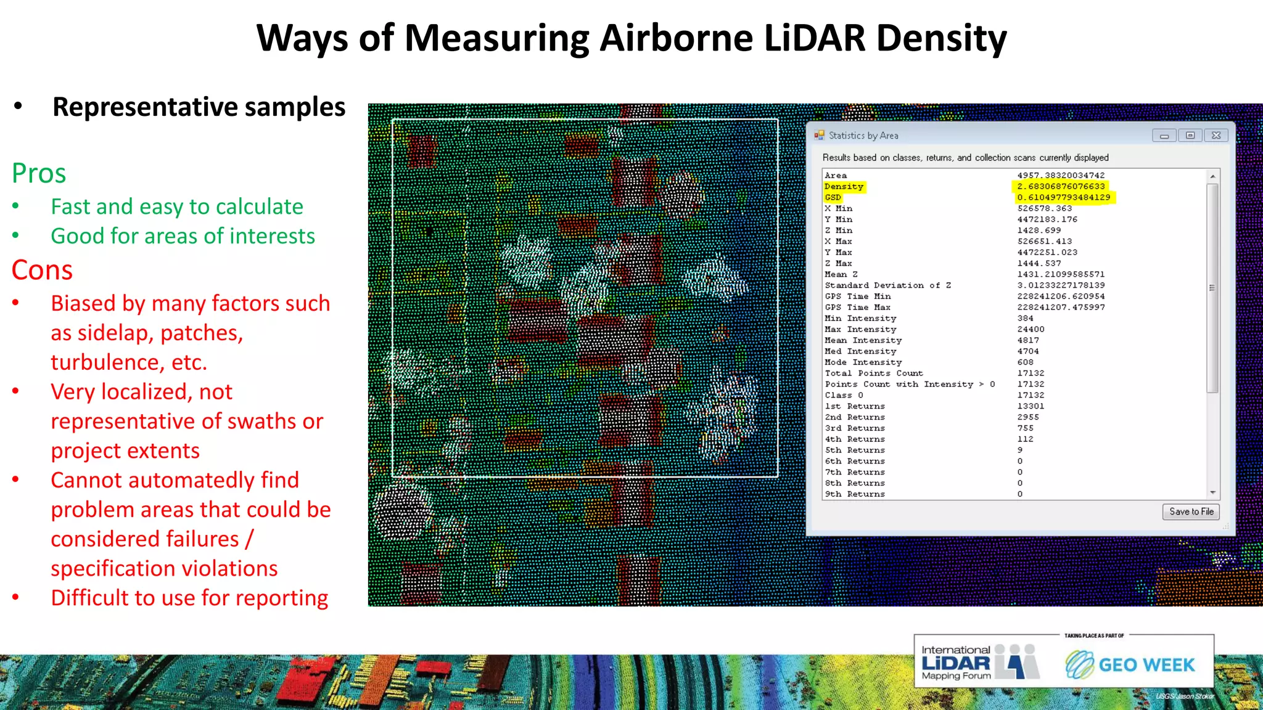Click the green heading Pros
click(39, 173)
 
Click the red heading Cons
click(42, 270)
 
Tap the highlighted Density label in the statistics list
click(844, 187)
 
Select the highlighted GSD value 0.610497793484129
click(1063, 198)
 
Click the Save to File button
click(1191, 512)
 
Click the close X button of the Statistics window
click(1216, 136)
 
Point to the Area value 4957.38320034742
click(1061, 176)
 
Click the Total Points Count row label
click(873, 373)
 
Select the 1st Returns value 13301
click(1030, 406)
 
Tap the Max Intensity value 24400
click(1030, 330)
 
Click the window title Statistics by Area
click(863, 136)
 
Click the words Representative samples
click(199, 107)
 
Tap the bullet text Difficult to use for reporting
click(189, 598)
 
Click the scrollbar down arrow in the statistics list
click(1212, 492)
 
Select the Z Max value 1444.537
click(1039, 264)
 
